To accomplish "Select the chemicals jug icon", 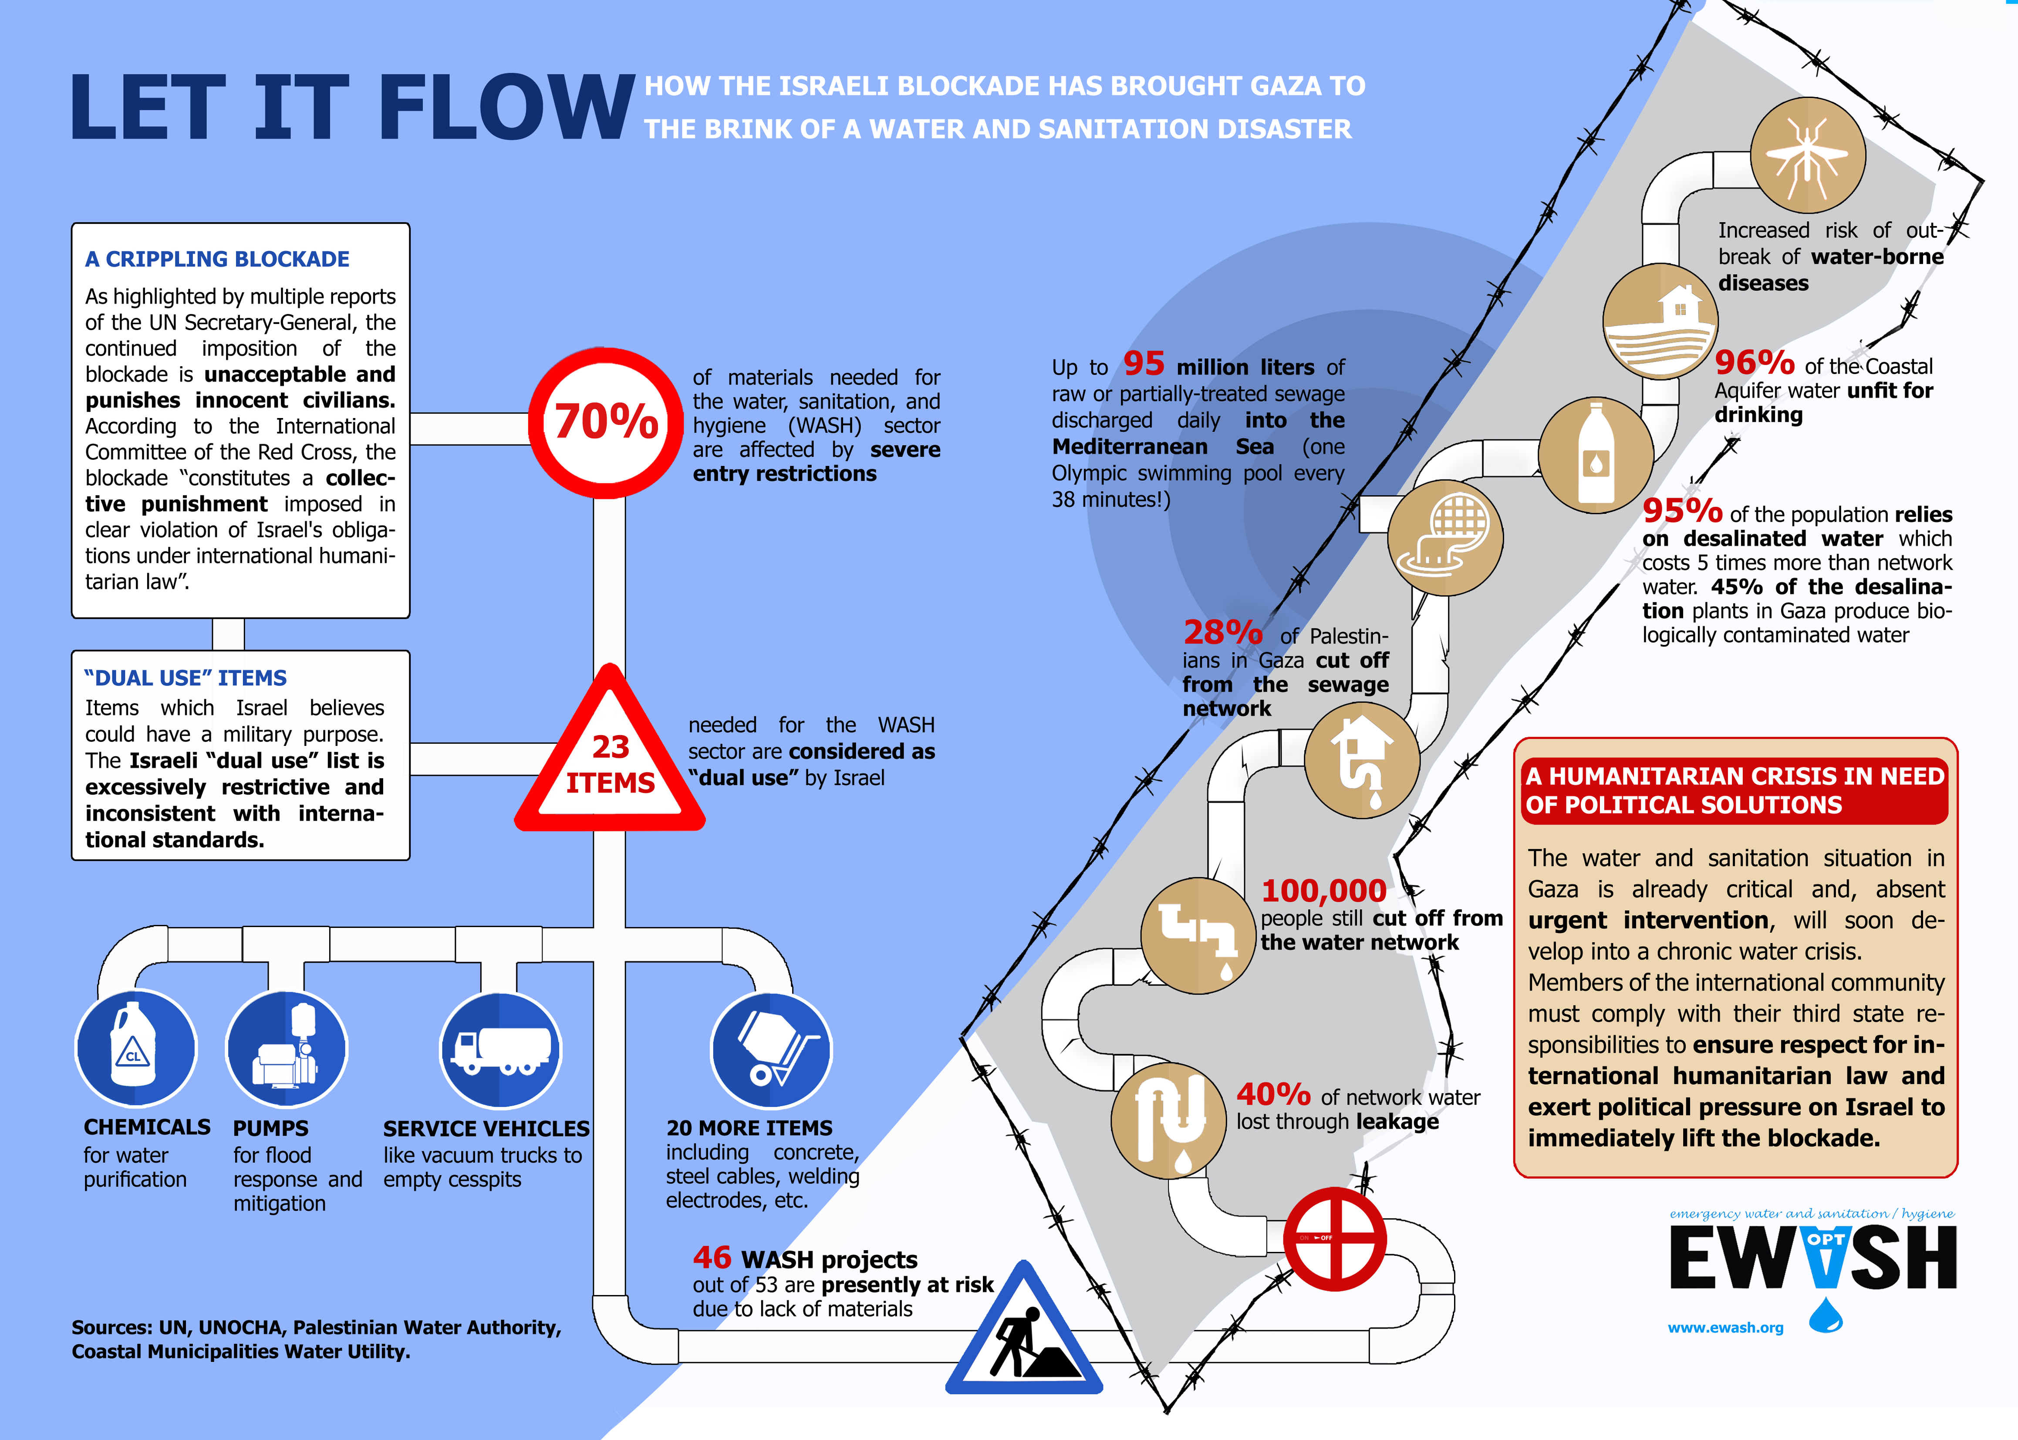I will [x=135, y=1048].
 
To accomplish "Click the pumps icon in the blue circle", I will [x=286, y=1048].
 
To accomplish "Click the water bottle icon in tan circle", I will [x=1595, y=454].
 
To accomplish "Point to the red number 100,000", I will [x=1323, y=890].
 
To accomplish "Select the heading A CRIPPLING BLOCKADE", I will [x=217, y=259].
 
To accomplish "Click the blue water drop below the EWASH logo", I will [x=1825, y=1315].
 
